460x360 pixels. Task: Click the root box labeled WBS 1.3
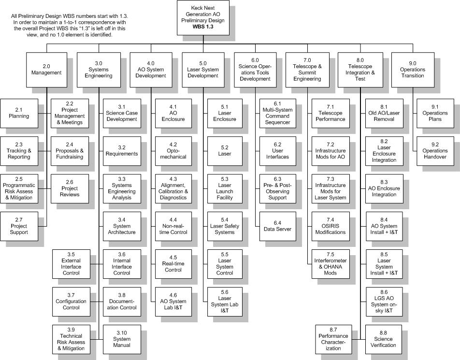point(203,17)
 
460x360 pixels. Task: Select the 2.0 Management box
point(46,70)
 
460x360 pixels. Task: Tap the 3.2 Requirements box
point(122,151)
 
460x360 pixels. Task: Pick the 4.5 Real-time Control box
point(173,264)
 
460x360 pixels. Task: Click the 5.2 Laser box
point(225,151)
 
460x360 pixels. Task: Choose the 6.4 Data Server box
point(277,226)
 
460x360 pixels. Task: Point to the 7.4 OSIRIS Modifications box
point(331,226)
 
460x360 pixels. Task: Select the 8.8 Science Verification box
point(384,339)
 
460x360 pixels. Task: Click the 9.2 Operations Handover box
point(435,151)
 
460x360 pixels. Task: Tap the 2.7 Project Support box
point(19,226)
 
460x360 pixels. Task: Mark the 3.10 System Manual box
point(122,339)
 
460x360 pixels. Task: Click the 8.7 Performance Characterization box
point(333,339)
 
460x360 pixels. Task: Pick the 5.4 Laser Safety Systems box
point(225,226)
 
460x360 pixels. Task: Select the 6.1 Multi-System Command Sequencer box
point(277,113)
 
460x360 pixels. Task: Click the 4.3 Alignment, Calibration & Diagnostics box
point(173,188)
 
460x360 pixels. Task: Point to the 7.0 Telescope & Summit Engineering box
point(307,70)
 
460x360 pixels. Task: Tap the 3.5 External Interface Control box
point(72,264)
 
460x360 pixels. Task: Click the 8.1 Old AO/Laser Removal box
point(384,113)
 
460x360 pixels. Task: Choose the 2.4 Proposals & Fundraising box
point(70,151)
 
